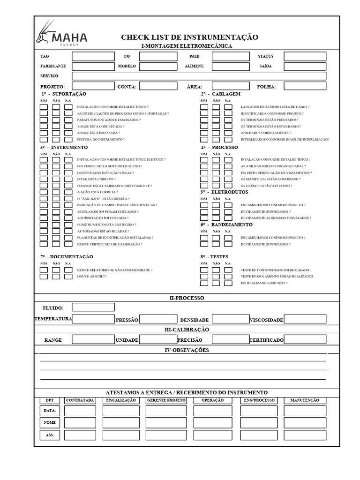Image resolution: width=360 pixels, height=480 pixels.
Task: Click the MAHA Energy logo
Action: point(61,34)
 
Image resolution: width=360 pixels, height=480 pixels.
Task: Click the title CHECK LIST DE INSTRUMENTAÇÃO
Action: point(189,37)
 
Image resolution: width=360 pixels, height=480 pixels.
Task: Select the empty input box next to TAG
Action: point(93,56)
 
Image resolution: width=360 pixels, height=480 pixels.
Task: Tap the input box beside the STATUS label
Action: point(305,56)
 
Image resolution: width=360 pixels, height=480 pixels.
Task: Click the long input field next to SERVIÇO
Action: point(199,76)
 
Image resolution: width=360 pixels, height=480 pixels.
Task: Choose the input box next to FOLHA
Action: point(305,86)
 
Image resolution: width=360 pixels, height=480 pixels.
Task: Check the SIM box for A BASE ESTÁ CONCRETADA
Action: point(44,127)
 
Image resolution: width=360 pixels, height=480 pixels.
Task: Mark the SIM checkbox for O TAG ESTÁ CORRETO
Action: point(44,179)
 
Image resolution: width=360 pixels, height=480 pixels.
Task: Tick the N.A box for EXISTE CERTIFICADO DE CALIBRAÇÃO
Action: point(68,244)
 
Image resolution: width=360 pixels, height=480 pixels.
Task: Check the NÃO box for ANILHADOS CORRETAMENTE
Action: point(216,133)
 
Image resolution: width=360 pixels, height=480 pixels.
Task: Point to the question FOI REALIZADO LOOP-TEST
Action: point(264,283)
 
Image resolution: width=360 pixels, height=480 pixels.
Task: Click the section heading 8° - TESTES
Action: point(215,257)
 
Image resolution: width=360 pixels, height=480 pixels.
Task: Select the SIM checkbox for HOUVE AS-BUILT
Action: point(44,277)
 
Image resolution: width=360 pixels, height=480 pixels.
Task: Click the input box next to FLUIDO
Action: point(93,307)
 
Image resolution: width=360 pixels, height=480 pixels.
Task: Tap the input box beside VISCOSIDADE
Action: point(305,319)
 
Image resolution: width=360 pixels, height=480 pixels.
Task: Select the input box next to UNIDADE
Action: point(158,340)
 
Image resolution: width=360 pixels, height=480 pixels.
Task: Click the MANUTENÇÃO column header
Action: point(305,400)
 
